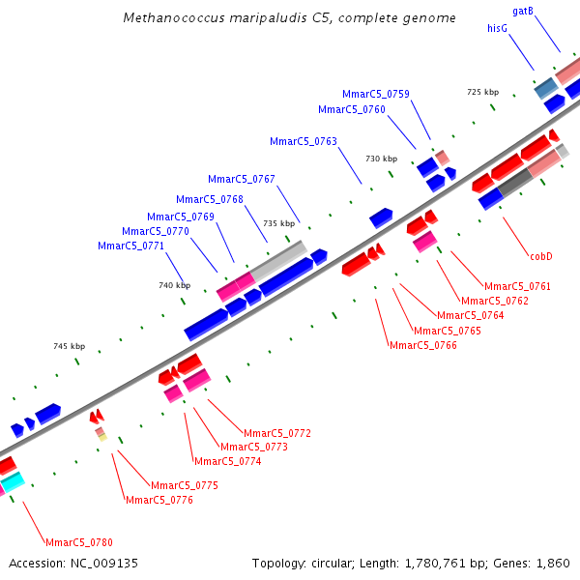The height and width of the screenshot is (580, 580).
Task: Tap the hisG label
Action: [x=498, y=29]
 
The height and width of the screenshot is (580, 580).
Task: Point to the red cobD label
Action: [x=540, y=256]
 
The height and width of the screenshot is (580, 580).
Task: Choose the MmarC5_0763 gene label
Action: [x=304, y=141]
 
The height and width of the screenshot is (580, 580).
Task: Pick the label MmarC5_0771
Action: [x=130, y=246]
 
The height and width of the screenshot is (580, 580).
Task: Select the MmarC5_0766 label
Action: [x=422, y=345]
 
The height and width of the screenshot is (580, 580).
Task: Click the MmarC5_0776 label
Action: [x=159, y=500]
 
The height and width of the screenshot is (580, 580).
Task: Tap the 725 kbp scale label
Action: [x=482, y=92]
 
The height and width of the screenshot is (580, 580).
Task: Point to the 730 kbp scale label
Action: [x=381, y=159]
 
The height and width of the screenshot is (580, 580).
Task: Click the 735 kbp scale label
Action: [x=278, y=223]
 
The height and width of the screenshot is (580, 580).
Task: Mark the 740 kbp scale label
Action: [x=175, y=285]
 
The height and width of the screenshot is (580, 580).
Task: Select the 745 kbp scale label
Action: [x=69, y=346]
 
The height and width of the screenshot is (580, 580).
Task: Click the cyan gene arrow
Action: [x=12, y=480]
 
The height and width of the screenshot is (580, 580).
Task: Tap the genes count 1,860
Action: [x=552, y=563]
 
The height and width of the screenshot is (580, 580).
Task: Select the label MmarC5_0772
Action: [x=276, y=433]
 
